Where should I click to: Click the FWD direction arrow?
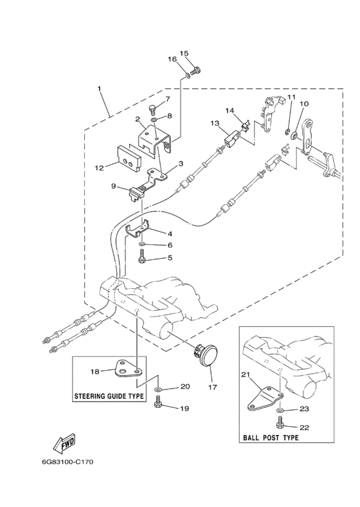[65, 445]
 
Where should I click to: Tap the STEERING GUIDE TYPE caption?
[109, 396]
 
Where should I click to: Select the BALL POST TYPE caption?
[271, 438]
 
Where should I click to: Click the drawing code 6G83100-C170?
[67, 462]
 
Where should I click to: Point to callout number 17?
[213, 387]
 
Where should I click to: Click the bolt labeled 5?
[142, 257]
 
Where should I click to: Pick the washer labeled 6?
[143, 243]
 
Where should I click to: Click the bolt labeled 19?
[159, 402]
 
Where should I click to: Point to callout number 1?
[100, 88]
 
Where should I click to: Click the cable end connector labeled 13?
[231, 140]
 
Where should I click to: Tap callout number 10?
[304, 104]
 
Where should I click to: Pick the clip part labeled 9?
[136, 195]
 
